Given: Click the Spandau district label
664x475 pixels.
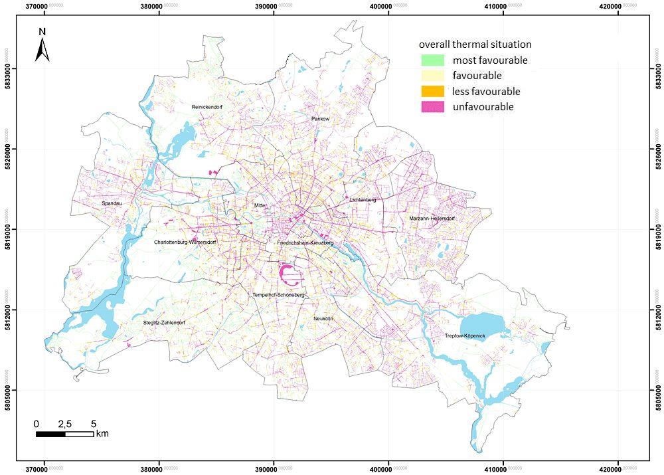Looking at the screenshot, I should pyautogui.click(x=112, y=203).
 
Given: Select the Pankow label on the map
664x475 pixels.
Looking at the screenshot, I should pyautogui.click(x=320, y=119).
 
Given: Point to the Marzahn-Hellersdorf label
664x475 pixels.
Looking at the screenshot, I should pyautogui.click(x=432, y=219).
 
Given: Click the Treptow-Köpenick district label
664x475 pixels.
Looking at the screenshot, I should pyautogui.click(x=465, y=336).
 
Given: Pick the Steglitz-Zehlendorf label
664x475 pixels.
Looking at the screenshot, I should pyautogui.click(x=164, y=323).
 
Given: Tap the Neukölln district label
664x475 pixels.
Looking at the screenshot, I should pyautogui.click(x=323, y=319).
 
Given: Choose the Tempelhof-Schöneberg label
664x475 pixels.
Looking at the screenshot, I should pyautogui.click(x=278, y=294).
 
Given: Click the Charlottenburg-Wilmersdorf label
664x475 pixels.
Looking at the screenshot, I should pyautogui.click(x=185, y=242).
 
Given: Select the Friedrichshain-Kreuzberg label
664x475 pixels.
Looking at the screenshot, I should pyautogui.click(x=305, y=243).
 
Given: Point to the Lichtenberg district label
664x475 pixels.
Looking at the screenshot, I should pyautogui.click(x=363, y=199).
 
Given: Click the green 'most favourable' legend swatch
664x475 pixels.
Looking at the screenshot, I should pyautogui.click(x=432, y=60).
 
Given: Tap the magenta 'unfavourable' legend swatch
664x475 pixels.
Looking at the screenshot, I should pyautogui.click(x=432, y=107).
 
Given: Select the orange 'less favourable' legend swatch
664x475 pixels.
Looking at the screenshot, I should pyautogui.click(x=432, y=92).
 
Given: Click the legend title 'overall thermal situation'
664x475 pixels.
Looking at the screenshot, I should pyautogui.click(x=475, y=45).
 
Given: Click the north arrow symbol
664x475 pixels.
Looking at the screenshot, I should pyautogui.click(x=42, y=46).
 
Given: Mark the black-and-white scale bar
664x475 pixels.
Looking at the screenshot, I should pyautogui.click(x=64, y=434).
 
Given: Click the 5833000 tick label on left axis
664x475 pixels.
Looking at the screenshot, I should pyautogui.click(x=9, y=68).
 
